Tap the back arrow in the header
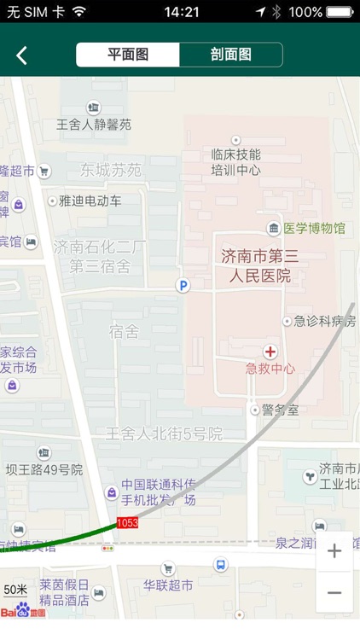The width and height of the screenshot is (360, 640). [x=22, y=55]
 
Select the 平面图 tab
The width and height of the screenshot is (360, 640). [x=128, y=55]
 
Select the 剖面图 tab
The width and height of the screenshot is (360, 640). [x=230, y=55]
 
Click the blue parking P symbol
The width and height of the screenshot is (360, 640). [x=182, y=286]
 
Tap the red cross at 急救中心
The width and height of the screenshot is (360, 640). [x=270, y=352]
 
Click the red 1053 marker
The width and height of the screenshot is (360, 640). [x=127, y=522]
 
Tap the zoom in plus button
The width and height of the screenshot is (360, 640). [x=334, y=551]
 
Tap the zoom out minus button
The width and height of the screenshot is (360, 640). [x=334, y=593]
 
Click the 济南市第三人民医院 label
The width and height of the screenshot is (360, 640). [x=256, y=265]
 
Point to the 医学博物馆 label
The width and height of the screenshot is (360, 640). [x=314, y=229]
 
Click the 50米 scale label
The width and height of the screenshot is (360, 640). [x=15, y=590]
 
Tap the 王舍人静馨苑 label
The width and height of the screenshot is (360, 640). [x=94, y=125]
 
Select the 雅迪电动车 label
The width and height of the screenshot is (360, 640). [x=90, y=201]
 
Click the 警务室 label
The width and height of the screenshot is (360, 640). [x=281, y=410]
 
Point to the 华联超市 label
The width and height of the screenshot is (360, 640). [x=168, y=586]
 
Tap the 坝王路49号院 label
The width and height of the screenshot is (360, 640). [x=44, y=470]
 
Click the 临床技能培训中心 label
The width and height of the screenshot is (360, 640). [x=236, y=162]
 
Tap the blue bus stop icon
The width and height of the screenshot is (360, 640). [x=221, y=565]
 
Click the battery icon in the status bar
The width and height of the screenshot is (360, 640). [x=340, y=12]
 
